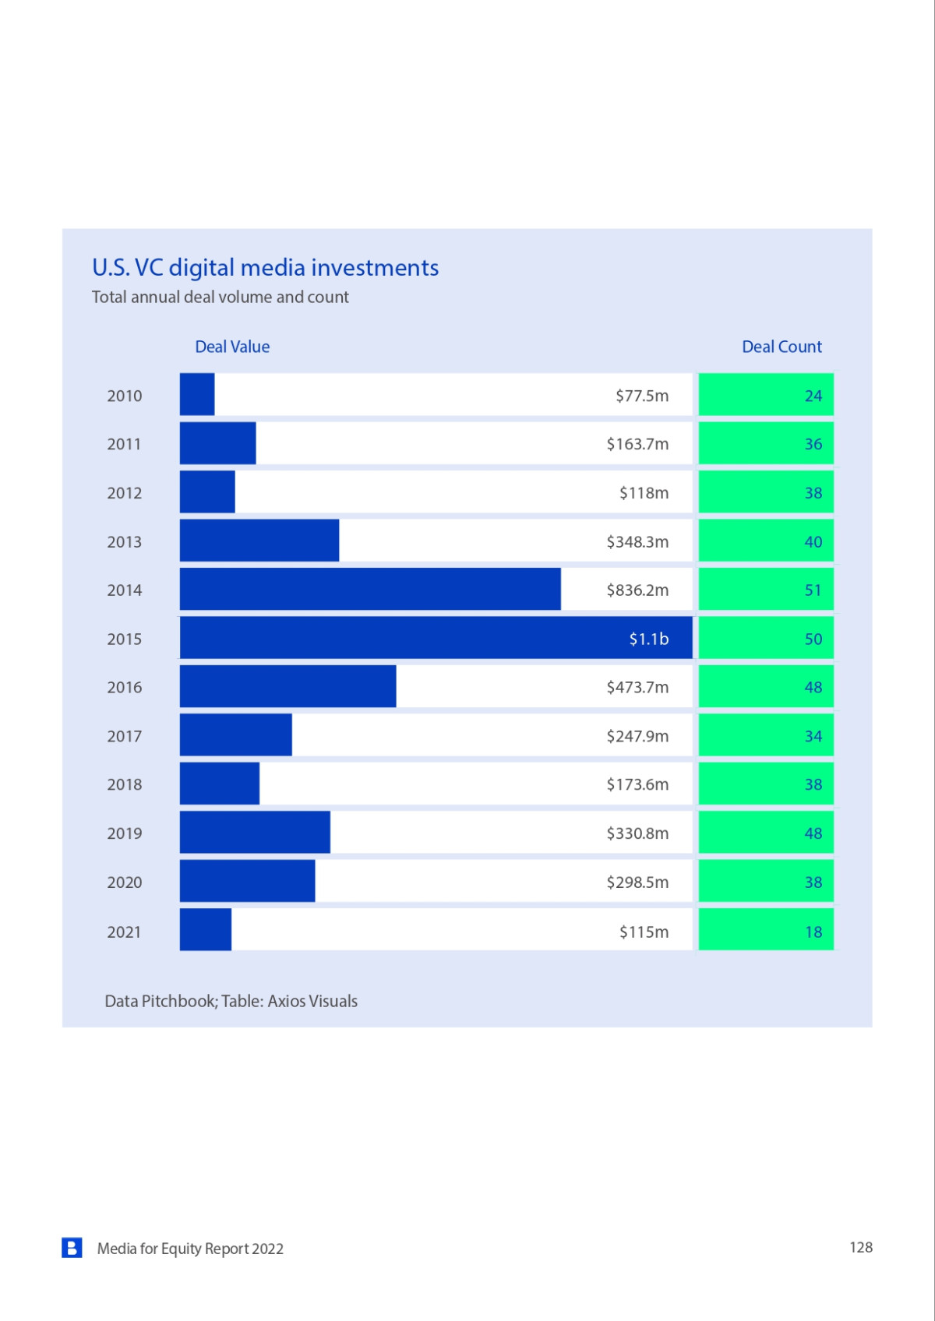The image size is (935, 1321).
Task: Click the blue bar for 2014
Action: point(370,590)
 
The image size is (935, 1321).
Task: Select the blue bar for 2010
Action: point(197,395)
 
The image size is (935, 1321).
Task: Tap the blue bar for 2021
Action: point(206,930)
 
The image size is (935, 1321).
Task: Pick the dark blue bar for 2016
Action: point(288,687)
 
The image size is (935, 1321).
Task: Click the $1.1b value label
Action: point(649,639)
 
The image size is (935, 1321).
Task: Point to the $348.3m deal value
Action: point(637,541)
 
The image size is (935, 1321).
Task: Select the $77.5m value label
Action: point(642,396)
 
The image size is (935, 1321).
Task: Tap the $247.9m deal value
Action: point(637,736)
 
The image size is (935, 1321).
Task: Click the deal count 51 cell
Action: point(766,590)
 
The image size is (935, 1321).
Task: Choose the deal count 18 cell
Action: point(766,930)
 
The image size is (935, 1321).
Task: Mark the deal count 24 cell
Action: point(766,395)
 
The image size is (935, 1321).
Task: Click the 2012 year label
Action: point(125,493)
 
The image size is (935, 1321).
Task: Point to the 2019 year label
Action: point(125,833)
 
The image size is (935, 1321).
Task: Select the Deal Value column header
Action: point(232,347)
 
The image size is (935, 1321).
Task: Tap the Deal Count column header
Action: point(782,347)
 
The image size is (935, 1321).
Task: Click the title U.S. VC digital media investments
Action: point(265,267)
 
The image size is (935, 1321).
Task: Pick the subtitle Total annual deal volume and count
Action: point(220,297)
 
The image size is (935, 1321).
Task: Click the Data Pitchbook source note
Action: point(231,1001)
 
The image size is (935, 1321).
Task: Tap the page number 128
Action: point(861,1247)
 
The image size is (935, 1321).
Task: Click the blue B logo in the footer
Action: point(72,1248)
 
